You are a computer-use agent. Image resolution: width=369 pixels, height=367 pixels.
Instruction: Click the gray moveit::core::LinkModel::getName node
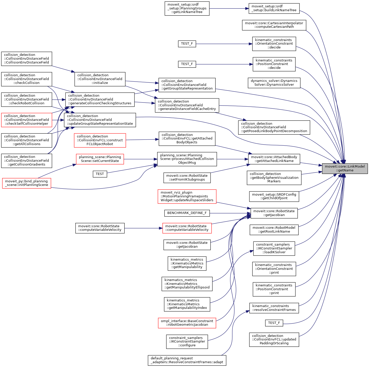click(345, 169)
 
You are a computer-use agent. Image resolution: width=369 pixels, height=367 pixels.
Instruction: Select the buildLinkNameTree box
click(274, 8)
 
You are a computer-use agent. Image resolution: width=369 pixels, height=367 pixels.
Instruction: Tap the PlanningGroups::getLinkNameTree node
click(187, 8)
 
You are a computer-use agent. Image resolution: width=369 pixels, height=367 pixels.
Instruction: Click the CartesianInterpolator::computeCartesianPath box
click(274, 25)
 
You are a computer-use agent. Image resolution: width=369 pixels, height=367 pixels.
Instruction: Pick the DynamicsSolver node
click(274, 83)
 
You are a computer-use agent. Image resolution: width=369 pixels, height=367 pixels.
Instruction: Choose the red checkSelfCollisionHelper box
click(26, 120)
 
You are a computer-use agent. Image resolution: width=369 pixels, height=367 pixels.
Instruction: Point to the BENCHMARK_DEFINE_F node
click(187, 213)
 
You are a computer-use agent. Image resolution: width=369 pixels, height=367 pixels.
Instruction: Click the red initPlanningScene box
click(26, 183)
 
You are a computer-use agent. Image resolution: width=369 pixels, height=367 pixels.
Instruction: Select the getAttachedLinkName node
click(274, 159)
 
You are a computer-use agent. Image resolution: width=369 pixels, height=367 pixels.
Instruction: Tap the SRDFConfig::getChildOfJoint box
click(274, 196)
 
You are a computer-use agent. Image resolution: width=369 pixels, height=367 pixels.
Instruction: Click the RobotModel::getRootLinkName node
click(274, 230)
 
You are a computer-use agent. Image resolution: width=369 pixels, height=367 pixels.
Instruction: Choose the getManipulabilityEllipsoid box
click(187, 284)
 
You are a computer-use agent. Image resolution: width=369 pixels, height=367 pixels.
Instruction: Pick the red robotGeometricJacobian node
click(187, 323)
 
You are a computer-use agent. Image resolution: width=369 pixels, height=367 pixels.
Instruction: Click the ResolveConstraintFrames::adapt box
click(187, 360)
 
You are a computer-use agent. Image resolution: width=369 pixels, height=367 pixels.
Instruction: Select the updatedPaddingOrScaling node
click(274, 339)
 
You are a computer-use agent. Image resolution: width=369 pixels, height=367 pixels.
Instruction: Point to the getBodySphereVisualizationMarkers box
click(274, 178)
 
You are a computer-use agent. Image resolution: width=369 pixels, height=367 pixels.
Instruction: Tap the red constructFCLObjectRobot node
click(100, 140)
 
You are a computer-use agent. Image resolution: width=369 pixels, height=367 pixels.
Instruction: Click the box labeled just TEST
click(100, 174)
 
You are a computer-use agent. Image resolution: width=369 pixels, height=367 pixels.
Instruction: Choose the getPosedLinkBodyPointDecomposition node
click(274, 127)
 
